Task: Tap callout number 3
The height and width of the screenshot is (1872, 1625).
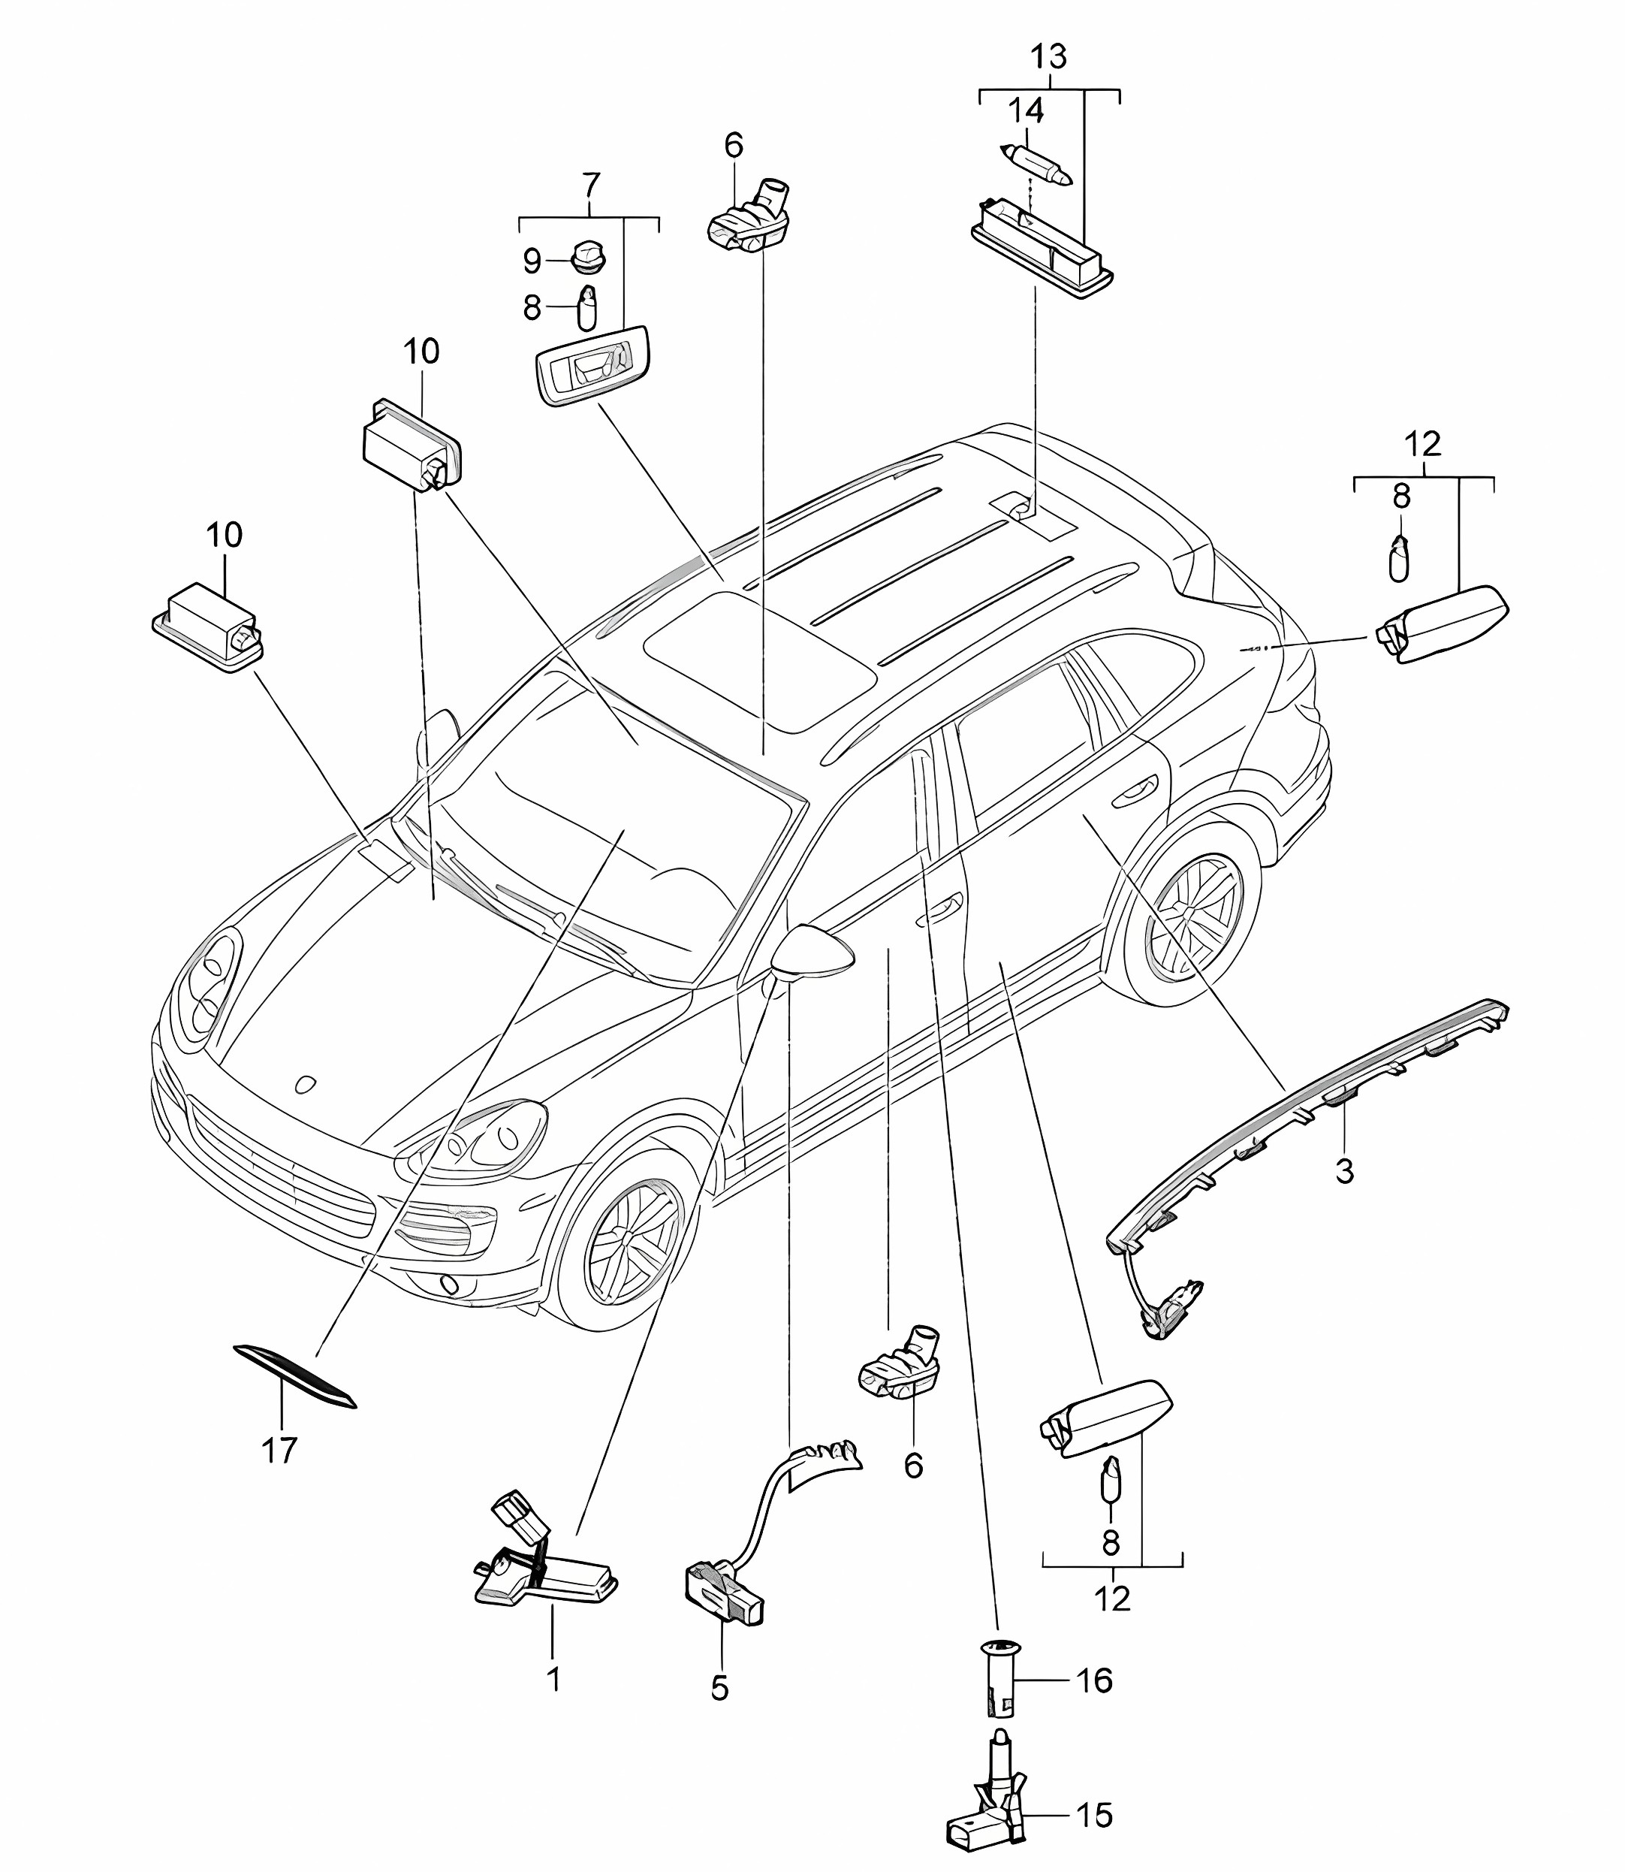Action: pyautogui.click(x=1344, y=1171)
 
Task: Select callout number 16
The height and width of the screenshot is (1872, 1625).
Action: pyautogui.click(x=1095, y=1680)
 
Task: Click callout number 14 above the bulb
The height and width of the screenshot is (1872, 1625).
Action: pyautogui.click(x=1026, y=110)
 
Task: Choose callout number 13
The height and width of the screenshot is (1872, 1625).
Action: pyautogui.click(x=1048, y=56)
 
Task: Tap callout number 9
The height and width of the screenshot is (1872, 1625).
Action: pyautogui.click(x=532, y=261)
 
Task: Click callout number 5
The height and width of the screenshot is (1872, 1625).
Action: pyautogui.click(x=719, y=1688)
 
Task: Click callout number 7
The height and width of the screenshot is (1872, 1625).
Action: pyautogui.click(x=590, y=185)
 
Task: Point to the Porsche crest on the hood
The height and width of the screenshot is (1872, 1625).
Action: pyautogui.click(x=306, y=1084)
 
